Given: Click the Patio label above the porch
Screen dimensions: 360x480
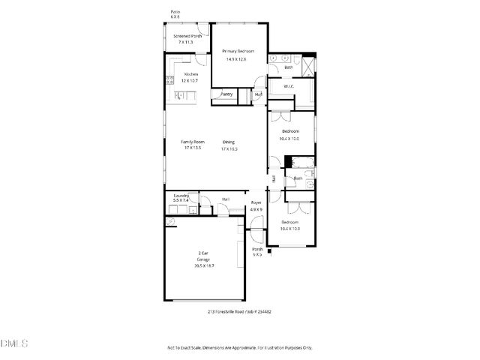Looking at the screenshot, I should (x=175, y=13).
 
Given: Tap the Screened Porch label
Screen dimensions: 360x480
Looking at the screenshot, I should (x=187, y=36).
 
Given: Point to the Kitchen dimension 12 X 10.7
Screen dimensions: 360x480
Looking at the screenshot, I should (x=191, y=80).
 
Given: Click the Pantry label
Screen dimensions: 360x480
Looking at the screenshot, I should (x=226, y=94).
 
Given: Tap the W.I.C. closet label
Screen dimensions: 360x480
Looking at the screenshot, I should (x=289, y=87).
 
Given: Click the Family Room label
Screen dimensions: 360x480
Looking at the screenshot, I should (x=193, y=142).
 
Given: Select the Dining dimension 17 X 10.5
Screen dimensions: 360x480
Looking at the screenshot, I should (x=229, y=149).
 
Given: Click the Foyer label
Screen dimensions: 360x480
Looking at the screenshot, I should (x=255, y=202).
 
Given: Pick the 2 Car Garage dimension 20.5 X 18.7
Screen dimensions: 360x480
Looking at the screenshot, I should (x=204, y=266).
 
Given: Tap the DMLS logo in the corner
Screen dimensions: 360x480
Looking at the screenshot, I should (x=14, y=344).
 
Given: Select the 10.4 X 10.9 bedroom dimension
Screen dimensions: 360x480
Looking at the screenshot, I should (x=289, y=229).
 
